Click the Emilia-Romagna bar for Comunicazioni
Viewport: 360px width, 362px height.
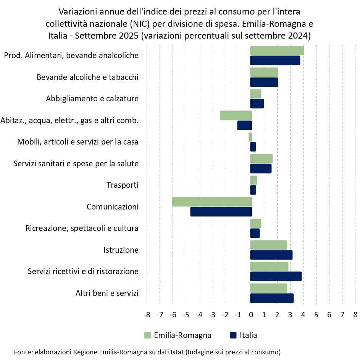(212, 202)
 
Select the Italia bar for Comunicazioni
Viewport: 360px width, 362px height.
(221, 212)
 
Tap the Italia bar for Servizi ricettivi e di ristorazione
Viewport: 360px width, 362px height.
(276, 276)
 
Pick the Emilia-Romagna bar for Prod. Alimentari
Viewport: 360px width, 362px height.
(277, 50)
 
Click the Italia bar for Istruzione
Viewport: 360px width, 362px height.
(271, 255)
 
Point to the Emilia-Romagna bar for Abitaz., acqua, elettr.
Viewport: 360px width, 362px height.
(236, 115)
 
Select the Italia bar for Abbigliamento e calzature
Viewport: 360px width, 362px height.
(257, 104)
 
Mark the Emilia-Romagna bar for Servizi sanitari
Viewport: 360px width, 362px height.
(262, 159)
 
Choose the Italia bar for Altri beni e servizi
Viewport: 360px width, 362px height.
(272, 298)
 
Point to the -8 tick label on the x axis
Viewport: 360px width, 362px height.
(147, 315)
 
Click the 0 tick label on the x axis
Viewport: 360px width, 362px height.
(251, 315)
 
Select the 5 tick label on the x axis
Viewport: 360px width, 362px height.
(316, 315)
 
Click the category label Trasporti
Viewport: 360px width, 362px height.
(122, 185)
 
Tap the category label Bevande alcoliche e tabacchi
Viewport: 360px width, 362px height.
(87, 77)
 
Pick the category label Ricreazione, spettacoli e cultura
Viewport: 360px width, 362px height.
(82, 229)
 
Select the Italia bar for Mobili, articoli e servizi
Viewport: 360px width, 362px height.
(253, 147)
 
